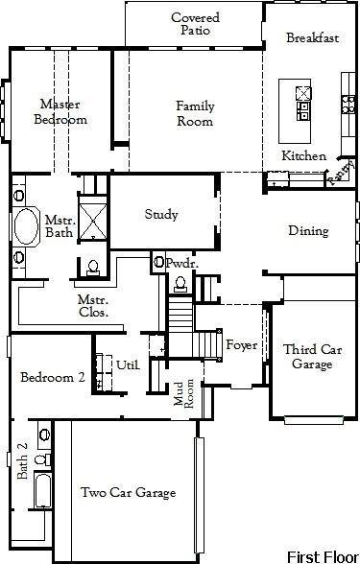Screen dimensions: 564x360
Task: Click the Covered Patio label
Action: (x=195, y=24)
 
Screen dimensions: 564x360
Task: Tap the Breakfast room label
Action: (x=313, y=37)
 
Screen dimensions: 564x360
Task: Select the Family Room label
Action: (x=194, y=113)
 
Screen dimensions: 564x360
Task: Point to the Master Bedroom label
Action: (x=60, y=111)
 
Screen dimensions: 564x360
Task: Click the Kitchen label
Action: (x=303, y=155)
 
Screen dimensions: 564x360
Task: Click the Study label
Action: (x=161, y=214)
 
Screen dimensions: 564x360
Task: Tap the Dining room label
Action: (x=308, y=230)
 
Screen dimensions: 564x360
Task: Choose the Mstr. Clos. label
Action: (x=93, y=305)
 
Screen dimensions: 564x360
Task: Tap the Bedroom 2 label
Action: (x=53, y=378)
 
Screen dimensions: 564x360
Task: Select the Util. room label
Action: (x=129, y=364)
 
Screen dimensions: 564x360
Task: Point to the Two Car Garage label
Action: (x=128, y=493)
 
